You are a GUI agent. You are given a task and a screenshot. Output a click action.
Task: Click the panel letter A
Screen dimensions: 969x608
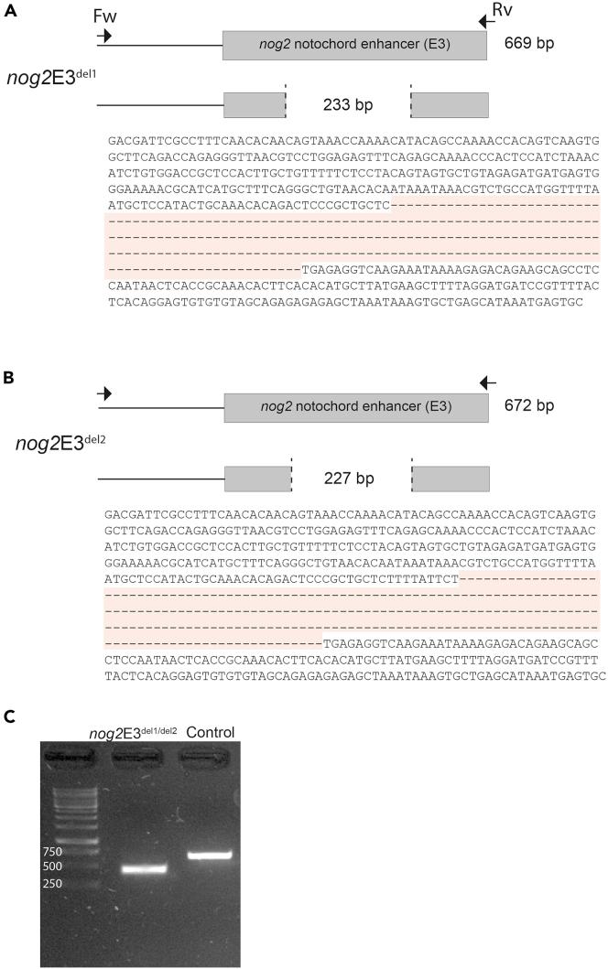click(8, 8)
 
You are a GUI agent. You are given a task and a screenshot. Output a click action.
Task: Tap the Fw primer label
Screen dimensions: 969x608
click(105, 16)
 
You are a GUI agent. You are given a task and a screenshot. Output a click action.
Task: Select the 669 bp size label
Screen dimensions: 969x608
click(530, 43)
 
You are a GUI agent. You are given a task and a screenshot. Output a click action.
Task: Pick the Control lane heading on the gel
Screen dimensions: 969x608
click(211, 706)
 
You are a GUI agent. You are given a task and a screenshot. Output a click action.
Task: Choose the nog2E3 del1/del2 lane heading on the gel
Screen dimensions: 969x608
click(133, 707)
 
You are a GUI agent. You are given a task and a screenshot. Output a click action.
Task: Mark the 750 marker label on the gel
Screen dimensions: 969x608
click(52, 852)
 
